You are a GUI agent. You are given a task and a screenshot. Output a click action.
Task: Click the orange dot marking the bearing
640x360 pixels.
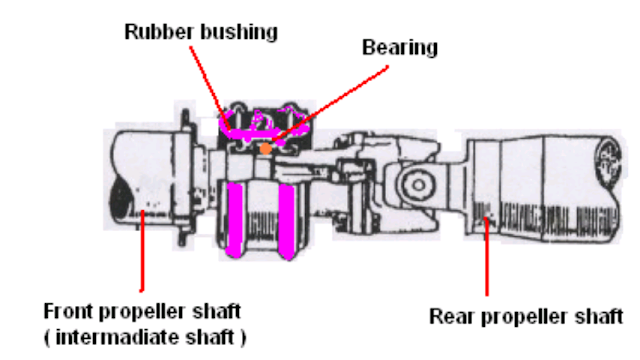coord(264,149)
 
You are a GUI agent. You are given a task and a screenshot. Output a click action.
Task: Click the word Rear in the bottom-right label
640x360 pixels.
coord(449,317)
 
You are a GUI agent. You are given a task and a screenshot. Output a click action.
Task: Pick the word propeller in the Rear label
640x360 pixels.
coord(521,317)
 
